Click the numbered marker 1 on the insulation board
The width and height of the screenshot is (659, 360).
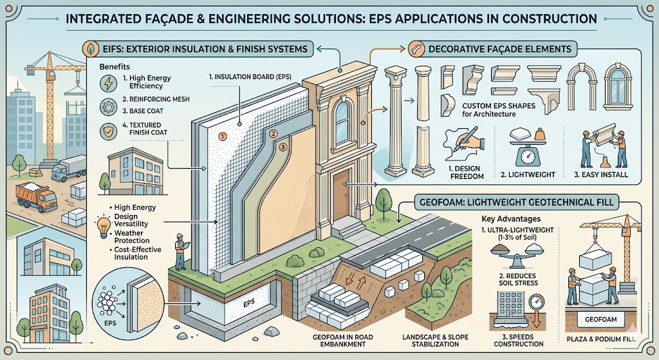click(222, 137)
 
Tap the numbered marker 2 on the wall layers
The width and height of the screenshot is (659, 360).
click(274, 134)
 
